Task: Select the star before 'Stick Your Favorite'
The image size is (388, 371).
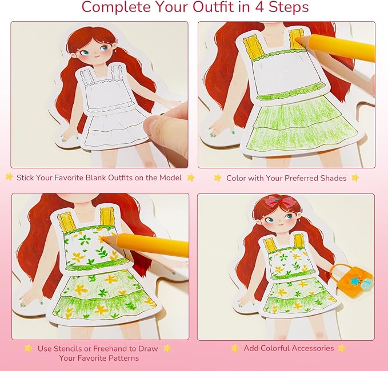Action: pyautogui.click(x=9, y=178)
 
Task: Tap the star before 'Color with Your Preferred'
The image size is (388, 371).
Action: pyautogui.click(x=218, y=178)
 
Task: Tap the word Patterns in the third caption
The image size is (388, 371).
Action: pyautogui.click(x=121, y=358)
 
